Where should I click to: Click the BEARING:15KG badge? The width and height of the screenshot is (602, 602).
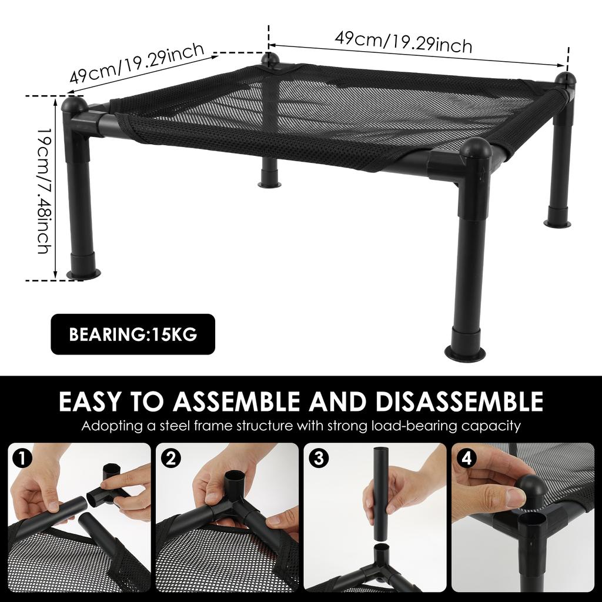133,335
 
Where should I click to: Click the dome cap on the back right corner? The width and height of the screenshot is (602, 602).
567,79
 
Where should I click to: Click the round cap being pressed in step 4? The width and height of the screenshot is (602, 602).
531,489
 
